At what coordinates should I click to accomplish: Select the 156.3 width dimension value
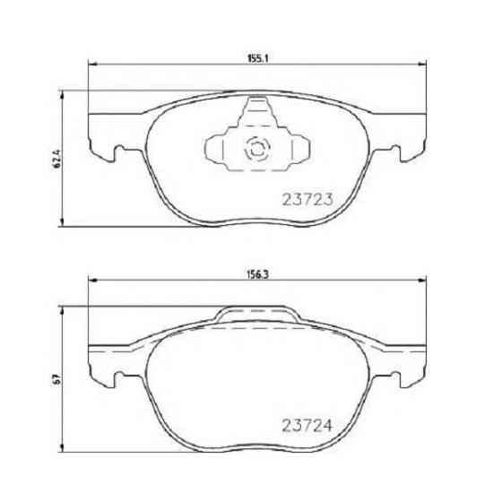(x=258, y=275)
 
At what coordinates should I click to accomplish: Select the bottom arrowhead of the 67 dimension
(x=62, y=448)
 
